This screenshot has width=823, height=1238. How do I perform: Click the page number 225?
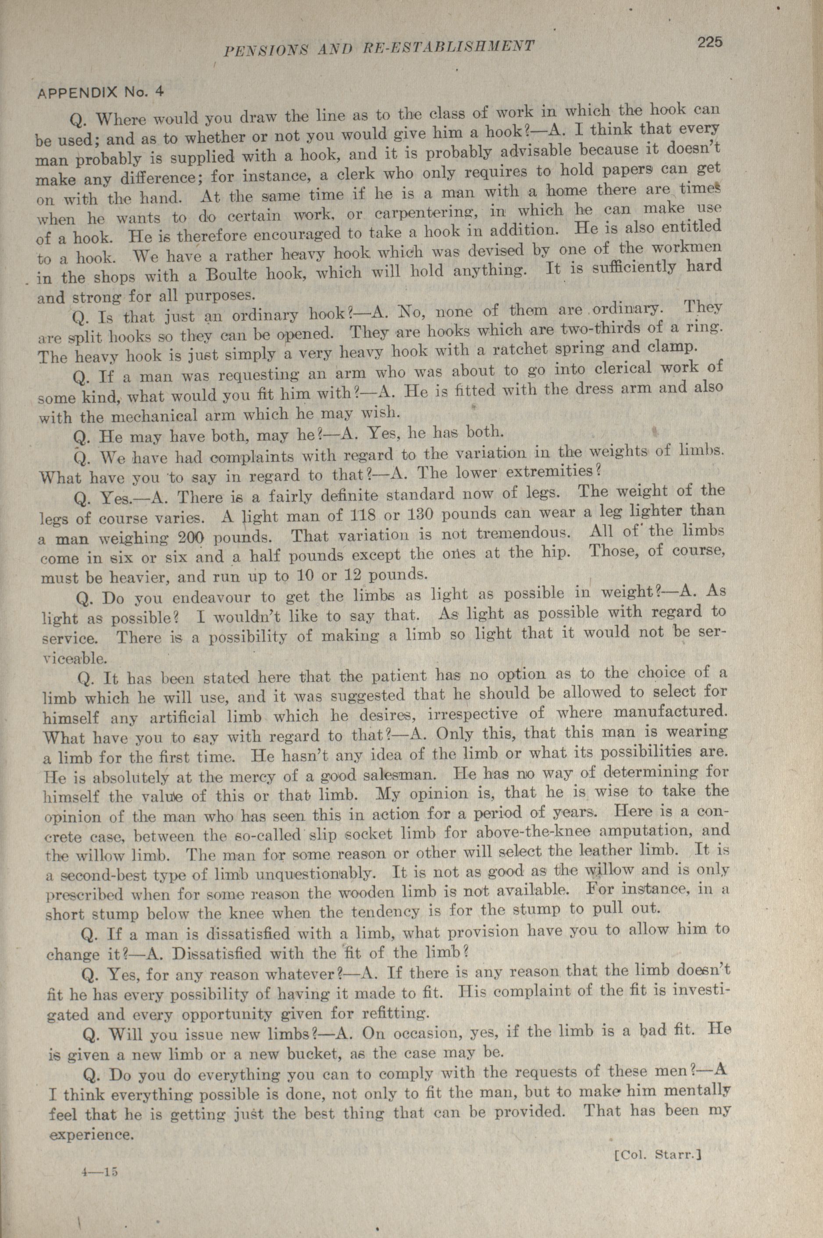(710, 43)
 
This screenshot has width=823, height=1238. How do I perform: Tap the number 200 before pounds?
(194, 538)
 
